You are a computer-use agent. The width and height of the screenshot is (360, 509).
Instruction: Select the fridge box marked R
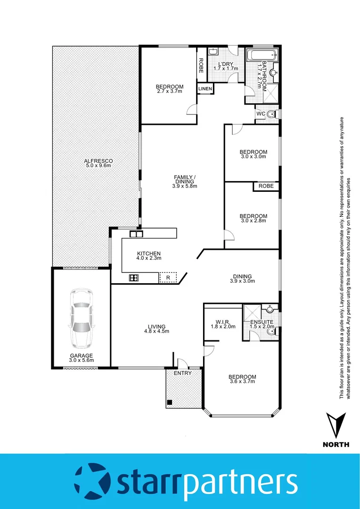point(168,278)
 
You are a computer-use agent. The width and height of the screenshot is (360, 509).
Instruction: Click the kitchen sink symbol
point(136,234)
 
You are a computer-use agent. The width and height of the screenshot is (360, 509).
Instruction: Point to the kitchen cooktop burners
point(134,278)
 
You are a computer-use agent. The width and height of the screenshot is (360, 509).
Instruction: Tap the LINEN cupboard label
point(205,89)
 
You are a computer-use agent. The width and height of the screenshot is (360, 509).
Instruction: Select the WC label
point(261,114)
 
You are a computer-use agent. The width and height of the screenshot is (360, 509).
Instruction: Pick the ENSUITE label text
point(262,322)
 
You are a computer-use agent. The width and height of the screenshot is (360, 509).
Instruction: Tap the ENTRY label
point(182,373)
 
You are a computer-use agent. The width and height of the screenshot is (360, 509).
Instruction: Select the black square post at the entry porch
point(169,403)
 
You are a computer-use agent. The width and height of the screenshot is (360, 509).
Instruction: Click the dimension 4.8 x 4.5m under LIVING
point(156,331)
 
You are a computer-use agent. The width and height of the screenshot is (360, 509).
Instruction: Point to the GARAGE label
point(82,355)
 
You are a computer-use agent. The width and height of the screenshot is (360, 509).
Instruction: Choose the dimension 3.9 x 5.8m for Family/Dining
point(184,186)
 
